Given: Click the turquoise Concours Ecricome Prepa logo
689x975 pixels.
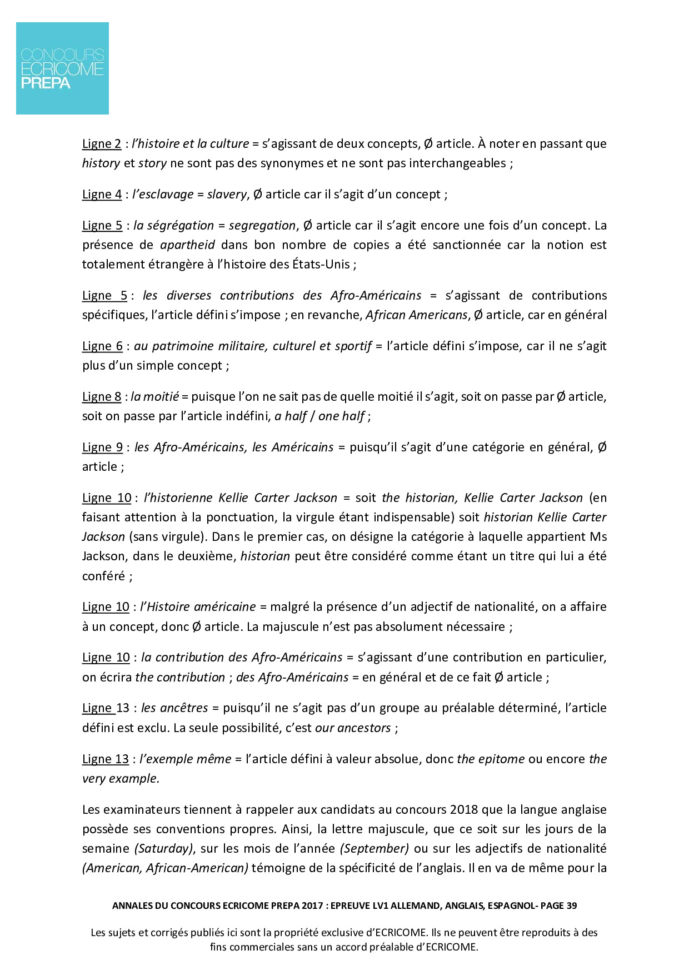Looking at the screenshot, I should (x=62, y=68).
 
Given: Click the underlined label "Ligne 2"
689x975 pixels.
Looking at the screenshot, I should (x=102, y=143).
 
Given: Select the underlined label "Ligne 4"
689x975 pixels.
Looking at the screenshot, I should (x=102, y=194).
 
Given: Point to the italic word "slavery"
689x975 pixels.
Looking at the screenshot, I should (x=226, y=194).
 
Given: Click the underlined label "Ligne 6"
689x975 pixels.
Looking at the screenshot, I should (x=102, y=346).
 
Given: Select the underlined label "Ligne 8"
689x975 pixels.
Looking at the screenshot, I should (x=102, y=396).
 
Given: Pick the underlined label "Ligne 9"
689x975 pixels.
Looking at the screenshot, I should (x=102, y=447).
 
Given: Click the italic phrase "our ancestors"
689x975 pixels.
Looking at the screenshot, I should (x=353, y=728).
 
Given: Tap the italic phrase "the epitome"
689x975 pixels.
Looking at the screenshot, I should (x=491, y=759).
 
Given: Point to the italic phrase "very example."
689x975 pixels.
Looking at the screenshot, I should (x=121, y=778).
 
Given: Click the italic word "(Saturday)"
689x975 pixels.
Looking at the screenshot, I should (x=164, y=848).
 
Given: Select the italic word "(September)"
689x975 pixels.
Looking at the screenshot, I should (x=375, y=848).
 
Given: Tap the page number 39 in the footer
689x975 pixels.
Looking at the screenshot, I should (x=571, y=906).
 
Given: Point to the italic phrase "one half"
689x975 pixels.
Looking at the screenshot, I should (x=342, y=416).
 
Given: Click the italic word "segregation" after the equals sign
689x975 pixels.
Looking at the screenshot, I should (x=262, y=225).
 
